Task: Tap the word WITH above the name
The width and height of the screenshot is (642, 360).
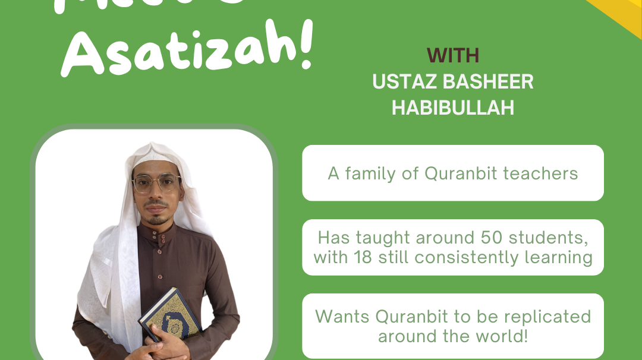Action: (453, 56)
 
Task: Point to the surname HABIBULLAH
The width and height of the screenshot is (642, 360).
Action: (453, 108)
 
